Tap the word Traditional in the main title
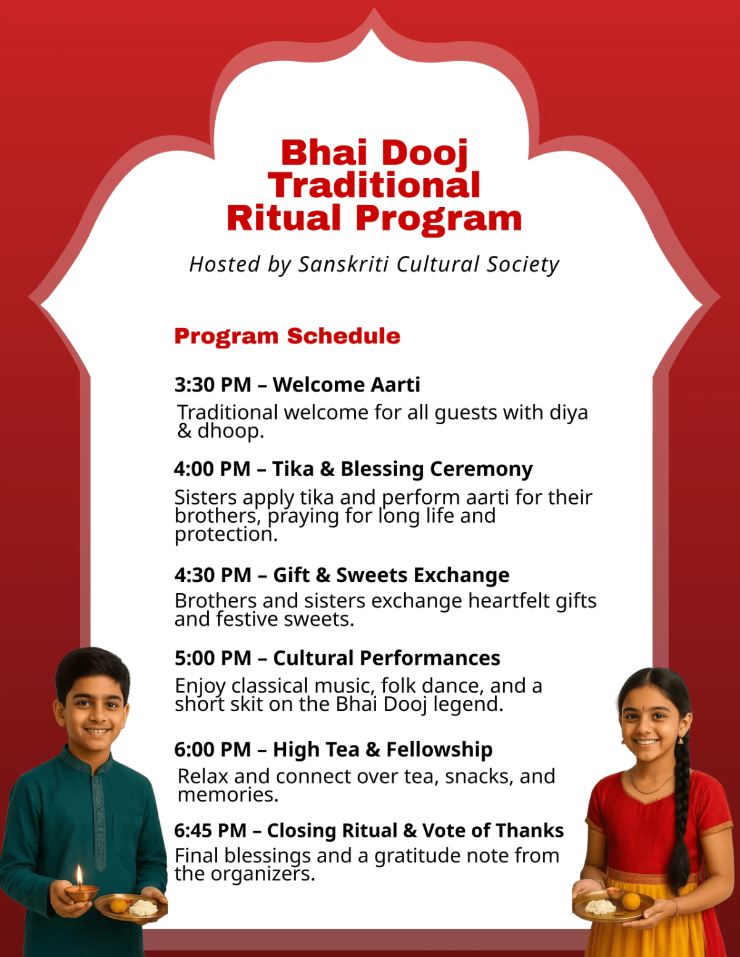(x=374, y=185)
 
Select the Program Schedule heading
(x=287, y=336)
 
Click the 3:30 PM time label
(x=212, y=385)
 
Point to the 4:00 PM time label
(x=212, y=469)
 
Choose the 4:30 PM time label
(x=212, y=575)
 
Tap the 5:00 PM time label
(x=212, y=659)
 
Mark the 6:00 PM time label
(x=212, y=750)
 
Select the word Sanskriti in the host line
(x=343, y=265)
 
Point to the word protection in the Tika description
(x=225, y=534)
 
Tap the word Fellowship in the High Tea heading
(x=439, y=750)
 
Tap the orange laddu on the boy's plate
(x=118, y=905)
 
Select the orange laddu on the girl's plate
(x=631, y=901)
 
